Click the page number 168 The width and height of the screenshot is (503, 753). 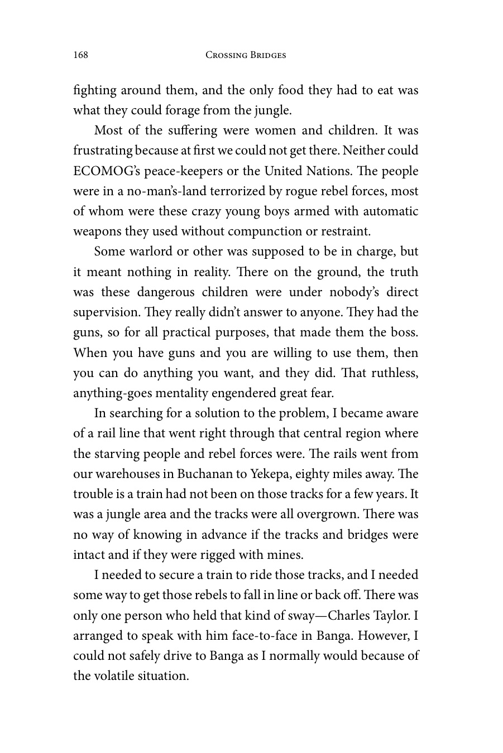(80, 55)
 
